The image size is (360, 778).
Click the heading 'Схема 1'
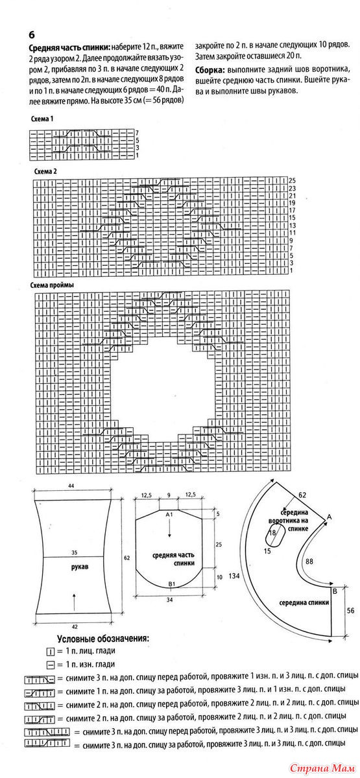click(42, 119)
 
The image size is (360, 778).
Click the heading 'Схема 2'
click(45, 172)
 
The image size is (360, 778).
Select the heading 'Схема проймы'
click(52, 285)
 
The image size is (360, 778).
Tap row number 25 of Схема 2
click(292, 181)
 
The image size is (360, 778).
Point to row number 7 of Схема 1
click(138, 133)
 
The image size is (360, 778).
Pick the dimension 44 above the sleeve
click(71, 486)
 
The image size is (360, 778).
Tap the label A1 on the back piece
click(169, 513)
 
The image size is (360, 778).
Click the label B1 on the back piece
click(172, 583)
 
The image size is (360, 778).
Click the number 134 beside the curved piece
click(234, 576)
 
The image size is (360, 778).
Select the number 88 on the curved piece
click(309, 561)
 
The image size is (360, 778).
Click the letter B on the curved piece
click(335, 591)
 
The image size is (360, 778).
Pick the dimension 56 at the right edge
click(350, 611)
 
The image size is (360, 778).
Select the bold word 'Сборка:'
click(208, 70)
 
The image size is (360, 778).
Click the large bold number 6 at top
click(32, 35)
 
